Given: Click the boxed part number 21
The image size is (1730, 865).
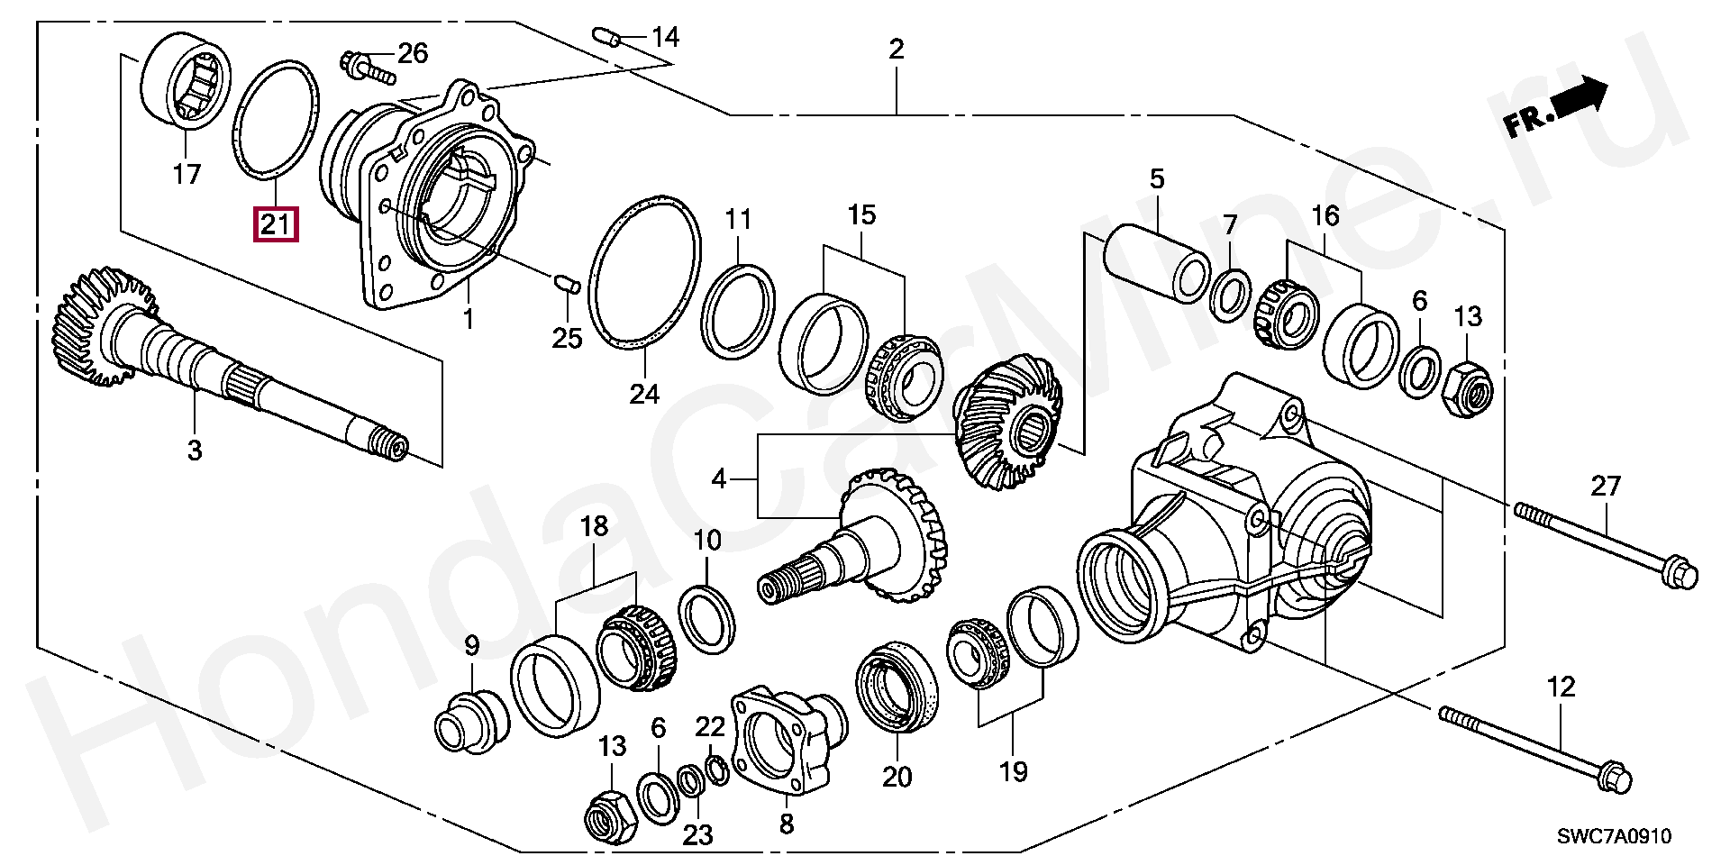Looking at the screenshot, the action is (276, 223).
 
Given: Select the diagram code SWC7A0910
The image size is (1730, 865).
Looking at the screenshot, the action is (1615, 836).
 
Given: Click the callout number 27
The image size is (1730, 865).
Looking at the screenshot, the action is (1606, 487).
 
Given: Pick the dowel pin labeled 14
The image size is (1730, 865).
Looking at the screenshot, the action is (605, 36).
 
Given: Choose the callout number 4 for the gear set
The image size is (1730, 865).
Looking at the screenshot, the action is (718, 478).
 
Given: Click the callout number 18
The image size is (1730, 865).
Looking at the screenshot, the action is (596, 526).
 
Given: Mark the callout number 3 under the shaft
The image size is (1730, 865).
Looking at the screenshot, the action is (195, 450).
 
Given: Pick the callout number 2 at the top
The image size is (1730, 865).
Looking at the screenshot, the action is (896, 49).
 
